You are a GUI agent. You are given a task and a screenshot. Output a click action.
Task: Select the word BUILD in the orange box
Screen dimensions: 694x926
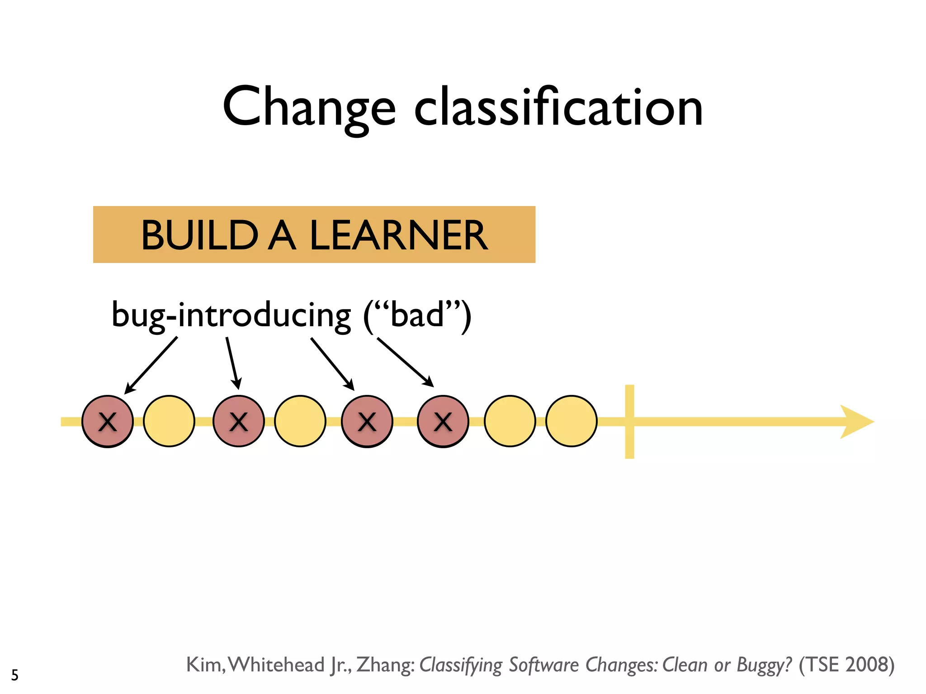(x=199, y=235)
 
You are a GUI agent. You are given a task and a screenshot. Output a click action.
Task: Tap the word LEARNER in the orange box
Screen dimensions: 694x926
(x=398, y=235)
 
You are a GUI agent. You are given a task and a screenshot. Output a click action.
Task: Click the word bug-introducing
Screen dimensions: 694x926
(x=231, y=315)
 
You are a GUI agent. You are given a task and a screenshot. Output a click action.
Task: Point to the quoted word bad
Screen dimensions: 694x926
(x=417, y=315)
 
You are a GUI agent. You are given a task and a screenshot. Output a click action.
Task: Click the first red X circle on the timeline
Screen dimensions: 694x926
(x=108, y=422)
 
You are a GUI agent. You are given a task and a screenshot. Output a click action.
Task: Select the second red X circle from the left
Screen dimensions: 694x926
(x=239, y=422)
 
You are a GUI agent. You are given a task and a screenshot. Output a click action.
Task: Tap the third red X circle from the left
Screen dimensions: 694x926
(x=367, y=422)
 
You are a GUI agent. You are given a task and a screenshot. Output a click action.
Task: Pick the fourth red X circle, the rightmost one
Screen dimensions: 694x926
(x=443, y=422)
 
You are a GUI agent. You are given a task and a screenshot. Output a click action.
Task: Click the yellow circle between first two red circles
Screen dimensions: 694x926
(x=169, y=422)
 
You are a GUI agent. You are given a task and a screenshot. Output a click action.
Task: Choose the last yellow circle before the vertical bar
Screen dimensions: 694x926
(x=572, y=422)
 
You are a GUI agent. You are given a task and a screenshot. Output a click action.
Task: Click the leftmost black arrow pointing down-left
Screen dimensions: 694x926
(x=151, y=365)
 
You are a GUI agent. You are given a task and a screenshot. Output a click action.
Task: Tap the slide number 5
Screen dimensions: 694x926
(x=15, y=675)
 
